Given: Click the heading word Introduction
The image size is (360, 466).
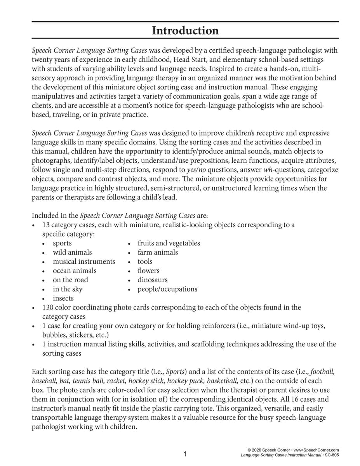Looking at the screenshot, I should [x=185, y=31].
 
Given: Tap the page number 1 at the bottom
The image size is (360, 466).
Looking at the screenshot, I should [x=185, y=454].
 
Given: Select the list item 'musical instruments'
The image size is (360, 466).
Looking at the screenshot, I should [x=84, y=261].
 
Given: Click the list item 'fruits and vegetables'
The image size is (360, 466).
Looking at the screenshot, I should [x=169, y=243].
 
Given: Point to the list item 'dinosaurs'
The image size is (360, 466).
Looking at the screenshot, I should [x=152, y=280].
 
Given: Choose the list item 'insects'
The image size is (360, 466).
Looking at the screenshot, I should [x=63, y=298].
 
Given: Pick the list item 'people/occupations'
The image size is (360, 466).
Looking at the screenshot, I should [x=167, y=289].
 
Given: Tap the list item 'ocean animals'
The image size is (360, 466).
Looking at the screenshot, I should [x=75, y=271].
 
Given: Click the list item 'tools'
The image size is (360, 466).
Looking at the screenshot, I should [x=145, y=261].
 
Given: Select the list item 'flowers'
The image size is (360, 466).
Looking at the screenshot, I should [x=148, y=271].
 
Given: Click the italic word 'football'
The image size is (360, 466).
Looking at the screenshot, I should [x=323, y=372].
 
